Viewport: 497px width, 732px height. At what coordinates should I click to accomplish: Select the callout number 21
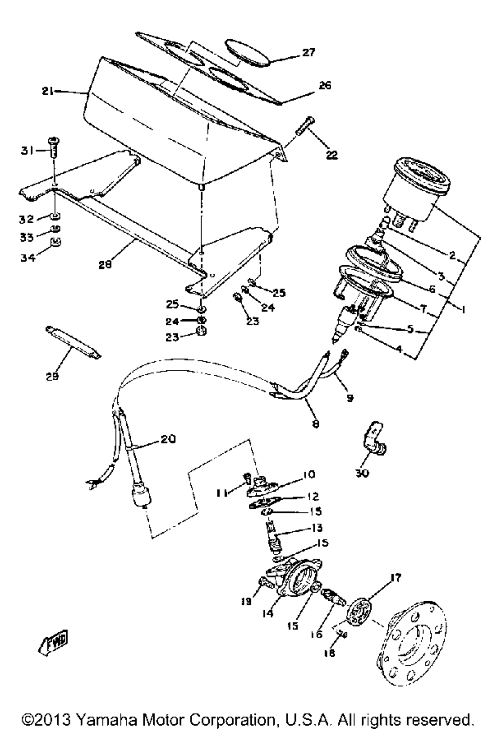(x=48, y=91)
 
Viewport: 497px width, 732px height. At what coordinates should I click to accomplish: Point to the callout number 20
(x=168, y=439)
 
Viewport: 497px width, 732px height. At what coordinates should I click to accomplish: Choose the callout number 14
(x=268, y=614)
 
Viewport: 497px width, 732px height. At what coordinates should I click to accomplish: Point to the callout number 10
(x=309, y=474)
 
